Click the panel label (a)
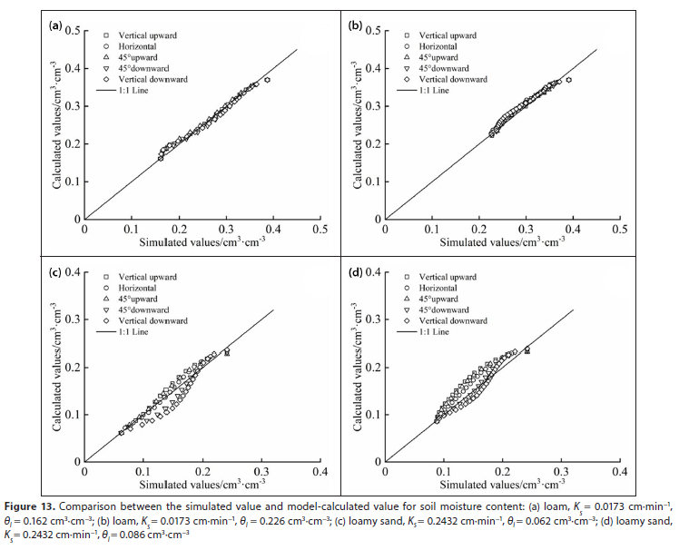click(x=54, y=26)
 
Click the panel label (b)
click(x=357, y=26)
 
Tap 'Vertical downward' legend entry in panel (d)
click(x=448, y=320)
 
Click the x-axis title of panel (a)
click(x=202, y=243)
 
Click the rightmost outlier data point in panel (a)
click(x=267, y=80)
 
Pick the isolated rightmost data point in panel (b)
click(x=568, y=80)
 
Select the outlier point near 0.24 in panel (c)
click(x=227, y=351)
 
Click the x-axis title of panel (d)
click(x=502, y=486)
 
